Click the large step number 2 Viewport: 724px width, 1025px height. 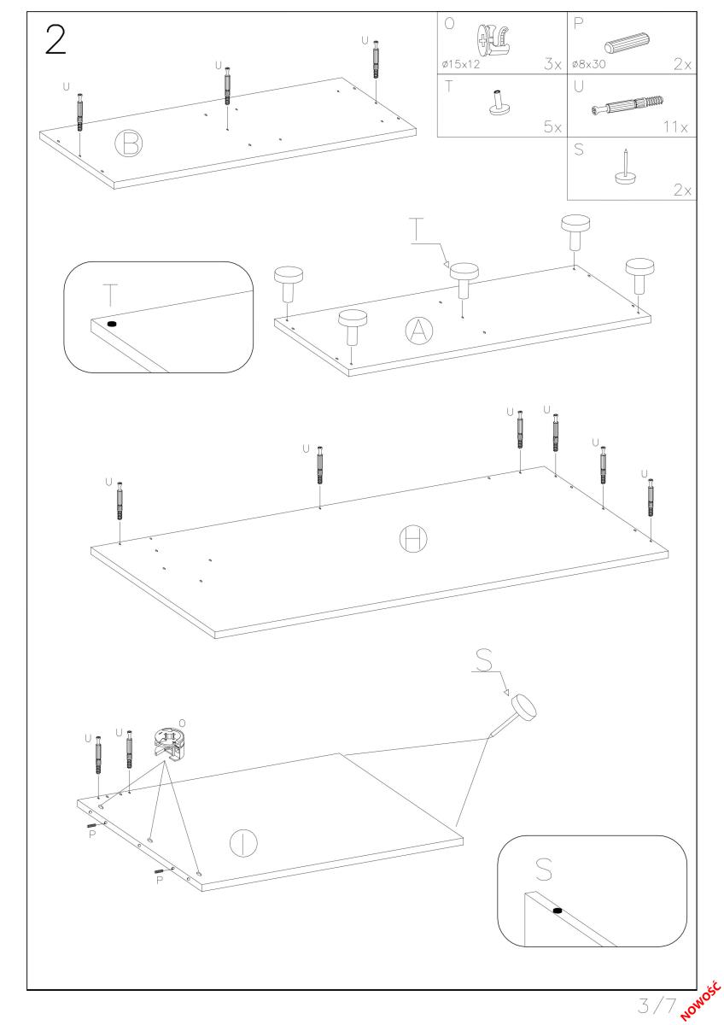(x=55, y=39)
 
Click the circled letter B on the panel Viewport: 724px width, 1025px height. (x=129, y=143)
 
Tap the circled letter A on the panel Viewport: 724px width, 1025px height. (x=417, y=331)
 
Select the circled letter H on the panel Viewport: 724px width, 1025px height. (x=413, y=538)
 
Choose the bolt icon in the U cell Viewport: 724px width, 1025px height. (x=628, y=107)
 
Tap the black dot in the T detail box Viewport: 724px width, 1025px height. (x=112, y=325)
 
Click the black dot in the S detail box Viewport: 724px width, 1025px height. (x=558, y=911)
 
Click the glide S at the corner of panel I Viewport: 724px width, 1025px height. (x=523, y=708)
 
